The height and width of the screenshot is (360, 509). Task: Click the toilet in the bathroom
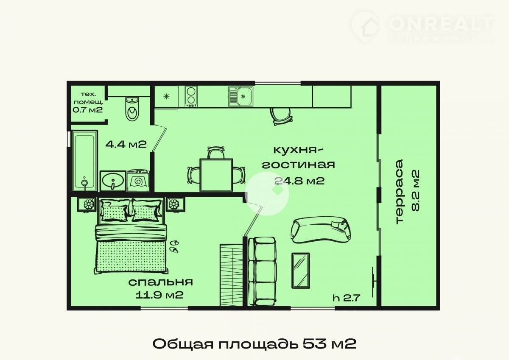(132, 109)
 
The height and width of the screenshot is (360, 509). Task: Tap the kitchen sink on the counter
(241, 96)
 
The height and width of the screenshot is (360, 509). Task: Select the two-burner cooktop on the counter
(191, 96)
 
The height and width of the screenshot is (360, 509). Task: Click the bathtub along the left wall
(84, 161)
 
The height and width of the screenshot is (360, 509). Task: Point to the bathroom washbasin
(113, 181)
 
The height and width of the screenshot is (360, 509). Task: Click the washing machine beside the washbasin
(138, 181)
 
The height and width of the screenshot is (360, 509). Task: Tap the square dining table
(216, 175)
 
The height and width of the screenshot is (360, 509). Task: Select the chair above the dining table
(216, 152)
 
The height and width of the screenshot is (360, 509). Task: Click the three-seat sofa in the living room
(262, 271)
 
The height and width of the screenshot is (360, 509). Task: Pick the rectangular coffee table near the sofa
(301, 271)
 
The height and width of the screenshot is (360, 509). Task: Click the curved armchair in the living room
(321, 230)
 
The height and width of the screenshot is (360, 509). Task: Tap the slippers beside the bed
(174, 246)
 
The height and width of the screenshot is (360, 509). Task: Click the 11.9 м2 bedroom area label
(159, 295)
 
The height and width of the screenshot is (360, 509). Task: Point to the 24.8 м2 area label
(299, 181)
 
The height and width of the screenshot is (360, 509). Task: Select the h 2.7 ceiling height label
(347, 298)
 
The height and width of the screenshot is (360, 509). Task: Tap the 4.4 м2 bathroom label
(126, 144)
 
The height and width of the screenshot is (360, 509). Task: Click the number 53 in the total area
(314, 344)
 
